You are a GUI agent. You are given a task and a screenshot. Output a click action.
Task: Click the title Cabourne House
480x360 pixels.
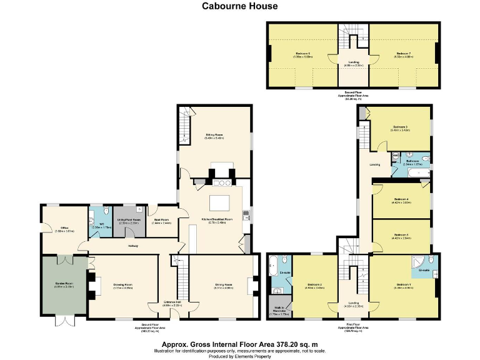point(240,6)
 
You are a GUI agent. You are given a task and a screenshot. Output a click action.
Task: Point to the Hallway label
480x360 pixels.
point(133,246)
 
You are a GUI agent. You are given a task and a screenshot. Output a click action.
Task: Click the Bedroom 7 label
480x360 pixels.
point(402,54)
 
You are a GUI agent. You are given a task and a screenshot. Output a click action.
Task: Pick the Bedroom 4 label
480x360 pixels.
point(401,201)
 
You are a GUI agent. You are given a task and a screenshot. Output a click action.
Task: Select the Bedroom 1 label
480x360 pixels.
point(404,285)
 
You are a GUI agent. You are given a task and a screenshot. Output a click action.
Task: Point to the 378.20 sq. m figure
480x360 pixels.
point(292,344)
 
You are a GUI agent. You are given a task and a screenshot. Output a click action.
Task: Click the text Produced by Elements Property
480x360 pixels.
point(240,356)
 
